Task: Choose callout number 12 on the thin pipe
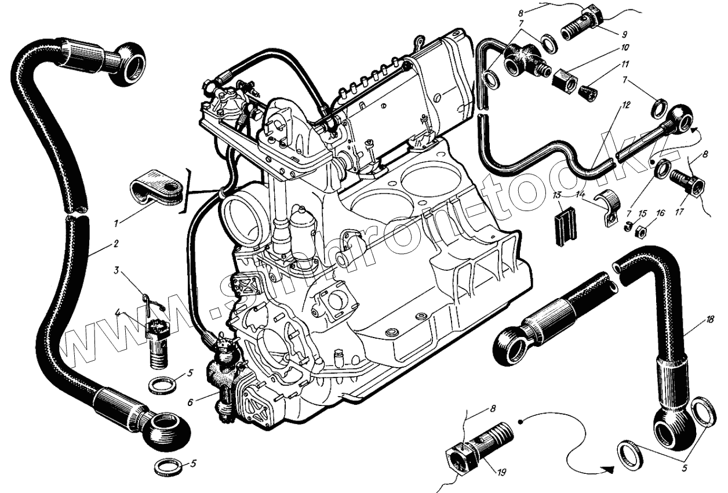[625, 106]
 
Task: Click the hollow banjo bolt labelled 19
[481, 447]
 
